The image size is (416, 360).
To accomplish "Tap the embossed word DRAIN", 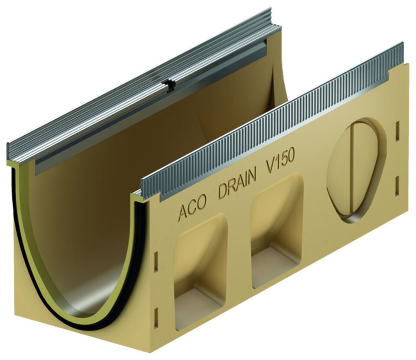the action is (237, 185).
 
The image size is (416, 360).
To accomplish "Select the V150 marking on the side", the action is (280, 163).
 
